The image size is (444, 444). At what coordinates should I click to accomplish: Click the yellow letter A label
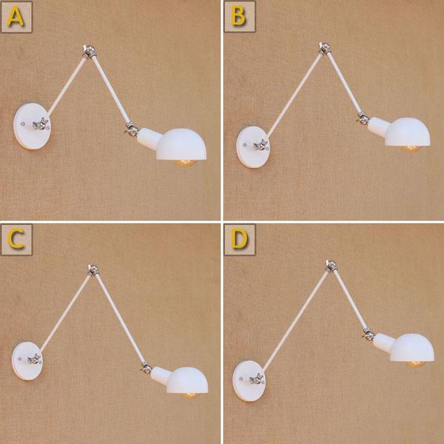[16, 16]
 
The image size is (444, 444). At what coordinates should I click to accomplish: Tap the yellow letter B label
[238, 16]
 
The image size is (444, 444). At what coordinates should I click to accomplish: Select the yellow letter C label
[16, 240]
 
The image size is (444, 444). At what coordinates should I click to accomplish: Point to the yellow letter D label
[239, 240]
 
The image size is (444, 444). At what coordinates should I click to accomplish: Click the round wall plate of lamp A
[32, 126]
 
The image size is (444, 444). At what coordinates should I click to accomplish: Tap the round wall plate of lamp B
[253, 147]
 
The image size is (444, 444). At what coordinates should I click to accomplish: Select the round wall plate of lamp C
[27, 360]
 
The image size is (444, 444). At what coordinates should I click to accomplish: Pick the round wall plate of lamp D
[249, 381]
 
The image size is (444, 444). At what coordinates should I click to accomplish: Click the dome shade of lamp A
[181, 144]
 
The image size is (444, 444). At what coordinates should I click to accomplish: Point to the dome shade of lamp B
[407, 132]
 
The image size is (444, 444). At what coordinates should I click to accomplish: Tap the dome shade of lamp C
[187, 380]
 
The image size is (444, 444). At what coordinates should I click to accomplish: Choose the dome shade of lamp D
[411, 348]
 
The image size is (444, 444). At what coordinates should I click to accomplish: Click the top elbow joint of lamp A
[89, 52]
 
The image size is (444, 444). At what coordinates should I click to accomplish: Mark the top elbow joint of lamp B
[324, 48]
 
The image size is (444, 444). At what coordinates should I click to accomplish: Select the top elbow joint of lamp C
[92, 270]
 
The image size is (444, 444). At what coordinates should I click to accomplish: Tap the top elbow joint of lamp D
[331, 266]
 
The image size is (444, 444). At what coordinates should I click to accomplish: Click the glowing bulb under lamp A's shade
[186, 163]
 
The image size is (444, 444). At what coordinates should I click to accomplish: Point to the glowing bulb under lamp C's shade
[190, 395]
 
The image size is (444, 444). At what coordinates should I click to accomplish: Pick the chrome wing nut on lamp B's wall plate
[260, 146]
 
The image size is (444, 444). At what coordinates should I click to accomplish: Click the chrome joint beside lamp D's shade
[369, 334]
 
